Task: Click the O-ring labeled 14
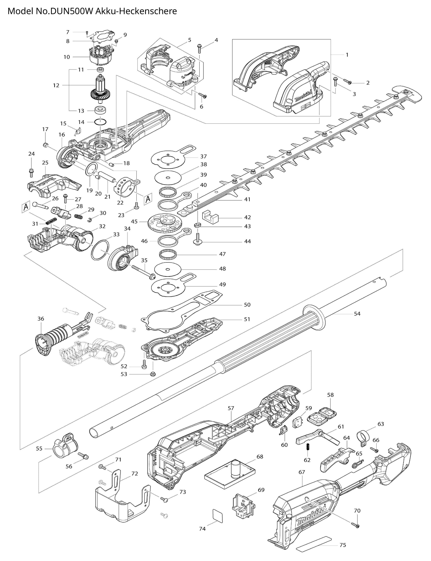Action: click(x=101, y=122)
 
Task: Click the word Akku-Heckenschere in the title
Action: click(x=136, y=11)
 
